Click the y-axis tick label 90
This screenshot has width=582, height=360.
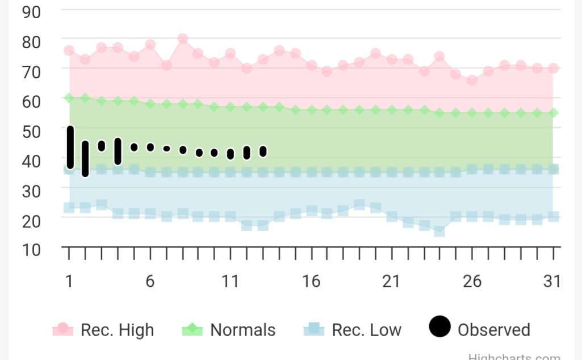(x=31, y=11)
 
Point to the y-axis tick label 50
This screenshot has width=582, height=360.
(x=31, y=131)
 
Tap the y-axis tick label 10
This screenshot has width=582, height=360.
(x=31, y=249)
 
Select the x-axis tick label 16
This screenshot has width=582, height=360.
(x=311, y=281)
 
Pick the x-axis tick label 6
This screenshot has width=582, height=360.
(x=150, y=281)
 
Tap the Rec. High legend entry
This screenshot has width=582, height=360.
(x=103, y=330)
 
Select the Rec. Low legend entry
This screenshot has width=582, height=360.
(x=353, y=330)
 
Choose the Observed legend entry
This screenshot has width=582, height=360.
(x=480, y=329)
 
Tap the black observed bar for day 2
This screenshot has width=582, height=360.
(x=85, y=158)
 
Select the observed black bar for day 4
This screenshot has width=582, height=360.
(x=118, y=151)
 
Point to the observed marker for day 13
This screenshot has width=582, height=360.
(x=263, y=151)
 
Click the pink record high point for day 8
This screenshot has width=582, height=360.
(x=183, y=39)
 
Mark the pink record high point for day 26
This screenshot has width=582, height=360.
(x=472, y=80)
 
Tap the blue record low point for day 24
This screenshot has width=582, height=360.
(x=439, y=231)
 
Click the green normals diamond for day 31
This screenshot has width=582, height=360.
(x=553, y=113)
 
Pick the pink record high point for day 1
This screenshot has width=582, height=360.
(x=69, y=51)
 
